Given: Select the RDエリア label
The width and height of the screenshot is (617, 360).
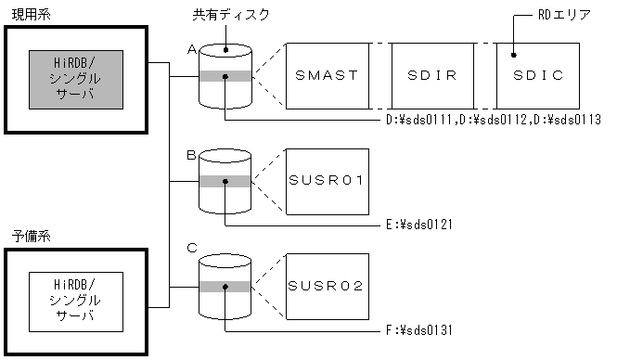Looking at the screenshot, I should (x=565, y=16).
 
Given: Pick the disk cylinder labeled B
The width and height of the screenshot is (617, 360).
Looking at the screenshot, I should (x=225, y=181).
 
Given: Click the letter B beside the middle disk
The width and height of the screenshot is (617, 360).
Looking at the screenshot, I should (x=191, y=156).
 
